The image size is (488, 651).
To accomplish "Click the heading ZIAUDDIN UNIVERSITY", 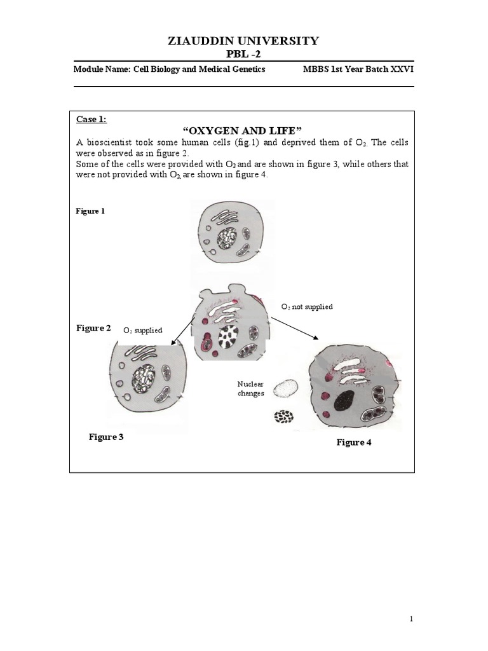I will pos(243,41).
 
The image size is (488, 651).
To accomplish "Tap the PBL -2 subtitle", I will pos(243,54).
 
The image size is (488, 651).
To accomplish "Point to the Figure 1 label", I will pos(90,211).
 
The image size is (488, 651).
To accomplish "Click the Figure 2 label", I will pos(93,328).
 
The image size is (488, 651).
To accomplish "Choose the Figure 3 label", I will pos(106,437).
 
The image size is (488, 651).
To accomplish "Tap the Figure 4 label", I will pos(354,442).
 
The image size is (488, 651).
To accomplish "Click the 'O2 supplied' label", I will pos(143,330).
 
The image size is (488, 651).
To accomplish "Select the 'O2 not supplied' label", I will pos(307,306).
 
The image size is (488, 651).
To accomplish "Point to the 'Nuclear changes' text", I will pos(250,388).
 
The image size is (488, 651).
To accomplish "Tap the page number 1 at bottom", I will pos(411,619).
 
